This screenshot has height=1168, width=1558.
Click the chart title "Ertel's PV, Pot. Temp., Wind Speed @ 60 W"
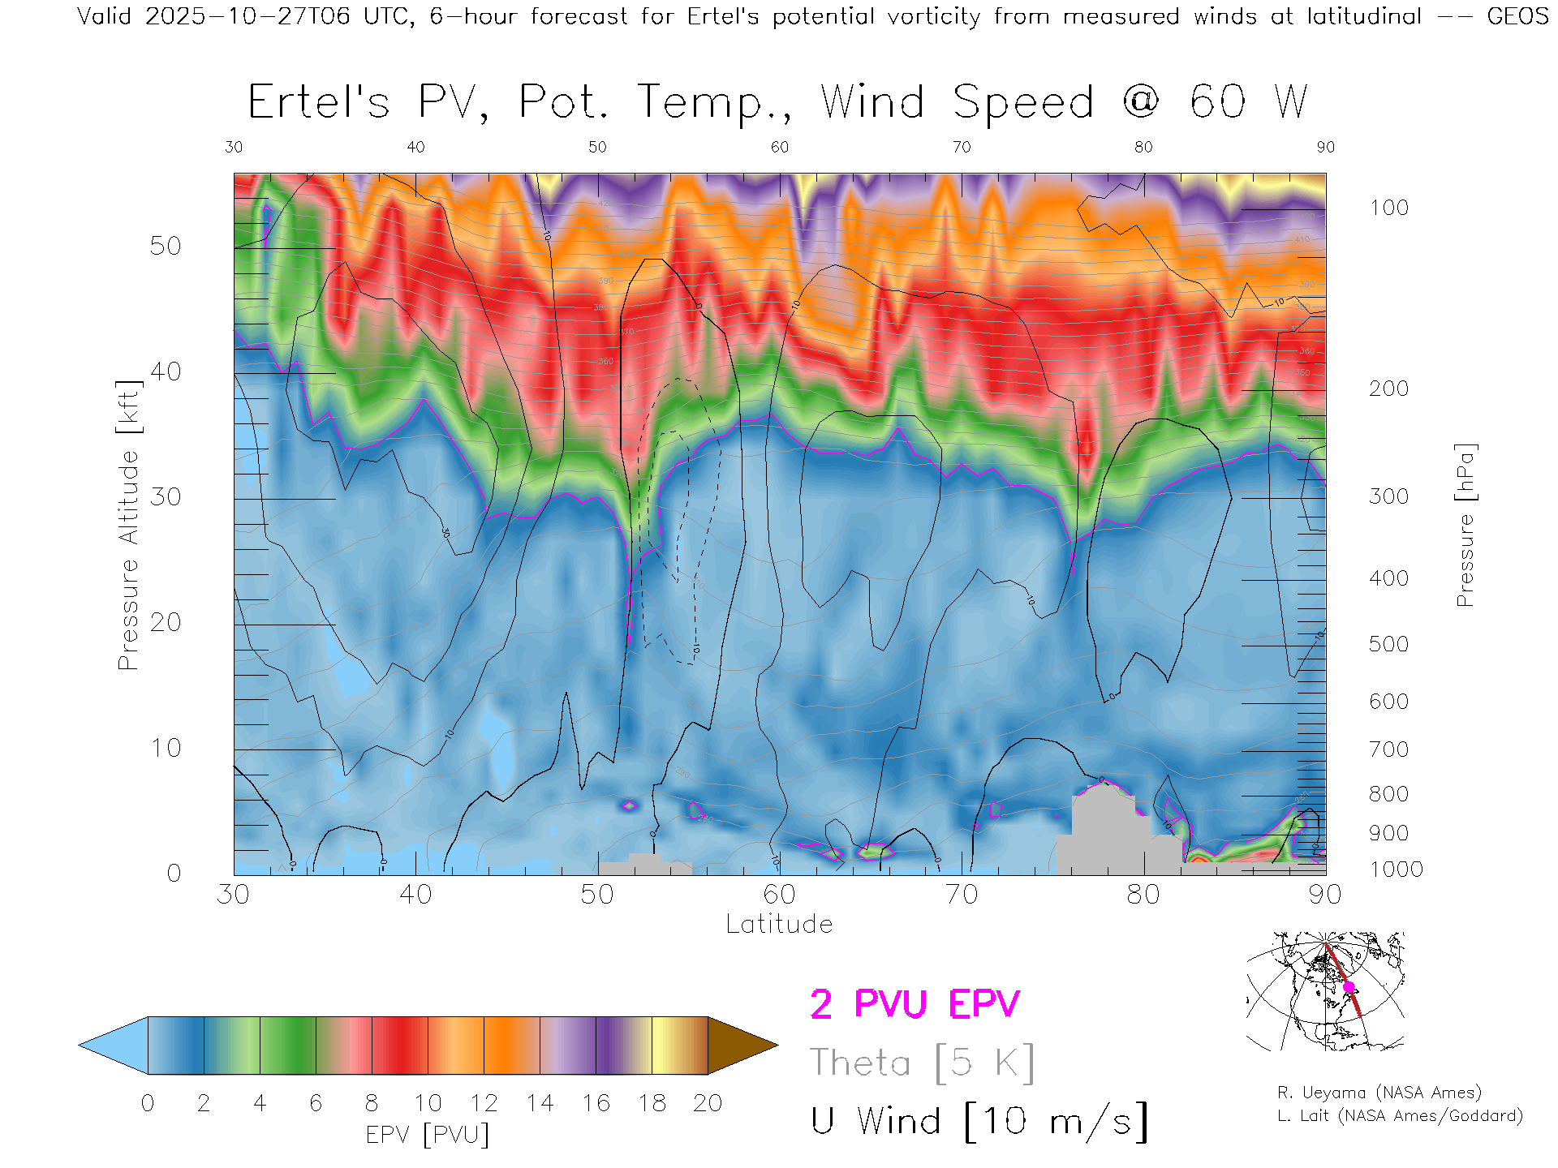[x=777, y=102]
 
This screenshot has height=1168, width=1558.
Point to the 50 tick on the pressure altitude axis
[x=165, y=246]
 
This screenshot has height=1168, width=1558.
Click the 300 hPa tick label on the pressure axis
[x=1388, y=496]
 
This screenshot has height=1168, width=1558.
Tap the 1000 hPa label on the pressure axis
[x=1396, y=870]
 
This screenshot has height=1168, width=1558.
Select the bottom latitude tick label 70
[x=962, y=895]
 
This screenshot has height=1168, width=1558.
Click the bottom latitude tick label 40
[x=415, y=895]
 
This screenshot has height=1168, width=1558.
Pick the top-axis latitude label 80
[x=1143, y=147]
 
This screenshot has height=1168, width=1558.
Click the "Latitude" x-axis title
[x=779, y=925]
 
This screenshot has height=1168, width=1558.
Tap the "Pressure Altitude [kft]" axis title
[x=128, y=525]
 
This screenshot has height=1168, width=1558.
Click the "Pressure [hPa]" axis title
[x=1465, y=525]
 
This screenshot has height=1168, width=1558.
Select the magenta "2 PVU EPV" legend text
[x=915, y=1004]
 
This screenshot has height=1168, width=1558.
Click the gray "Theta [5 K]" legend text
[x=922, y=1063]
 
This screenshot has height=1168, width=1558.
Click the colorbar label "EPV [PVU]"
[x=427, y=1135]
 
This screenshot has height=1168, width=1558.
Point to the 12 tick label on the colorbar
[x=484, y=1103]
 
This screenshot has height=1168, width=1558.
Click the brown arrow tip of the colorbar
[x=742, y=1046]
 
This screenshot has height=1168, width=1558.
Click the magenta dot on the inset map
[x=1349, y=987]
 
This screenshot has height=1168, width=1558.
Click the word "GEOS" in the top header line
[x=1517, y=16]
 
